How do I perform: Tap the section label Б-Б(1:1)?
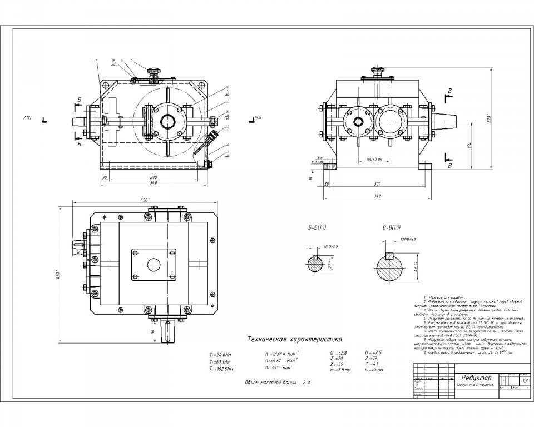coord(317,228)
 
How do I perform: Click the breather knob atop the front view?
coord(154,71)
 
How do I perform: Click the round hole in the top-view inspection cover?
coord(154,264)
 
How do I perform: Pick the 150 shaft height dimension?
coord(469,145)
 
